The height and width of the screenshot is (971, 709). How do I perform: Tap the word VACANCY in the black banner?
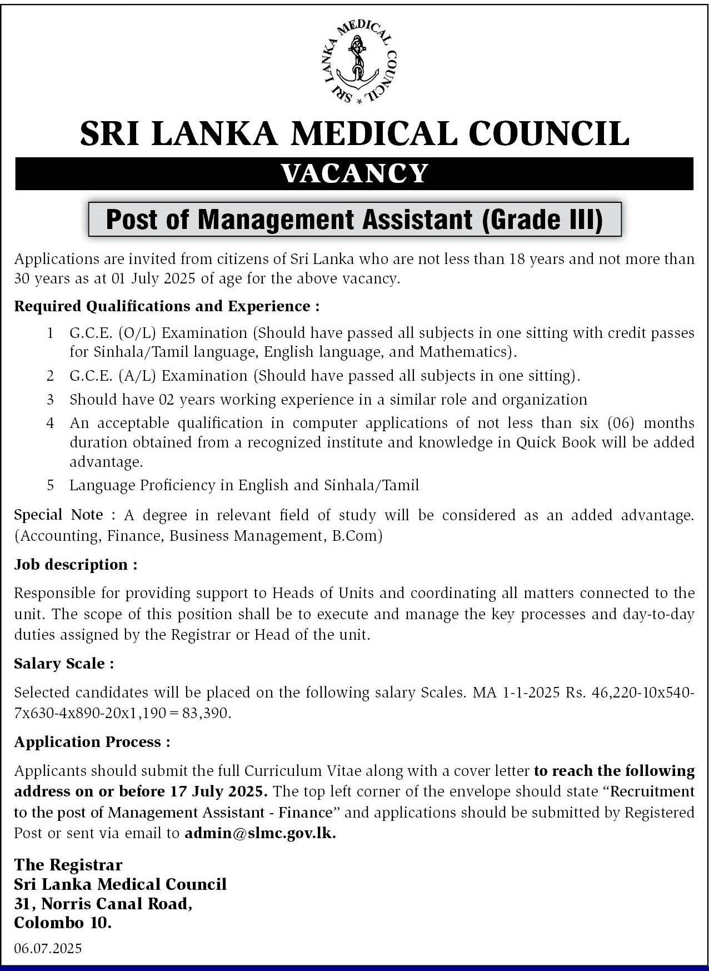point(354,173)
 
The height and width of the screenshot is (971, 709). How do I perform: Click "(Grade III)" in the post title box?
point(542,220)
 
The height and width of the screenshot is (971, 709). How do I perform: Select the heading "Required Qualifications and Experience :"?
point(167,306)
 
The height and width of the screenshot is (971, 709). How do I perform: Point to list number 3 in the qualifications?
point(51,400)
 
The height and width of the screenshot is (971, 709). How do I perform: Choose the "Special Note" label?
point(58,515)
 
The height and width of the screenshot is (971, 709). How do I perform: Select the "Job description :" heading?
point(76,565)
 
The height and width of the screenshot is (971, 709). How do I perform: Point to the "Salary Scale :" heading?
point(64,664)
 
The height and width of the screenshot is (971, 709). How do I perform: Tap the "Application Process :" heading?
point(92,742)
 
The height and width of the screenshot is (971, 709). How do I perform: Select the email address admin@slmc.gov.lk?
point(260,833)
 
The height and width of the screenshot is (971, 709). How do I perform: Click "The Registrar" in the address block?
point(68,865)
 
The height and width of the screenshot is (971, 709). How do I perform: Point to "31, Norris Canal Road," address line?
point(103,904)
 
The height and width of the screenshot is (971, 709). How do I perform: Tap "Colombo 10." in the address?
point(63,923)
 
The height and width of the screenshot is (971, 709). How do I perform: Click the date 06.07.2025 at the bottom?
point(48,948)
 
